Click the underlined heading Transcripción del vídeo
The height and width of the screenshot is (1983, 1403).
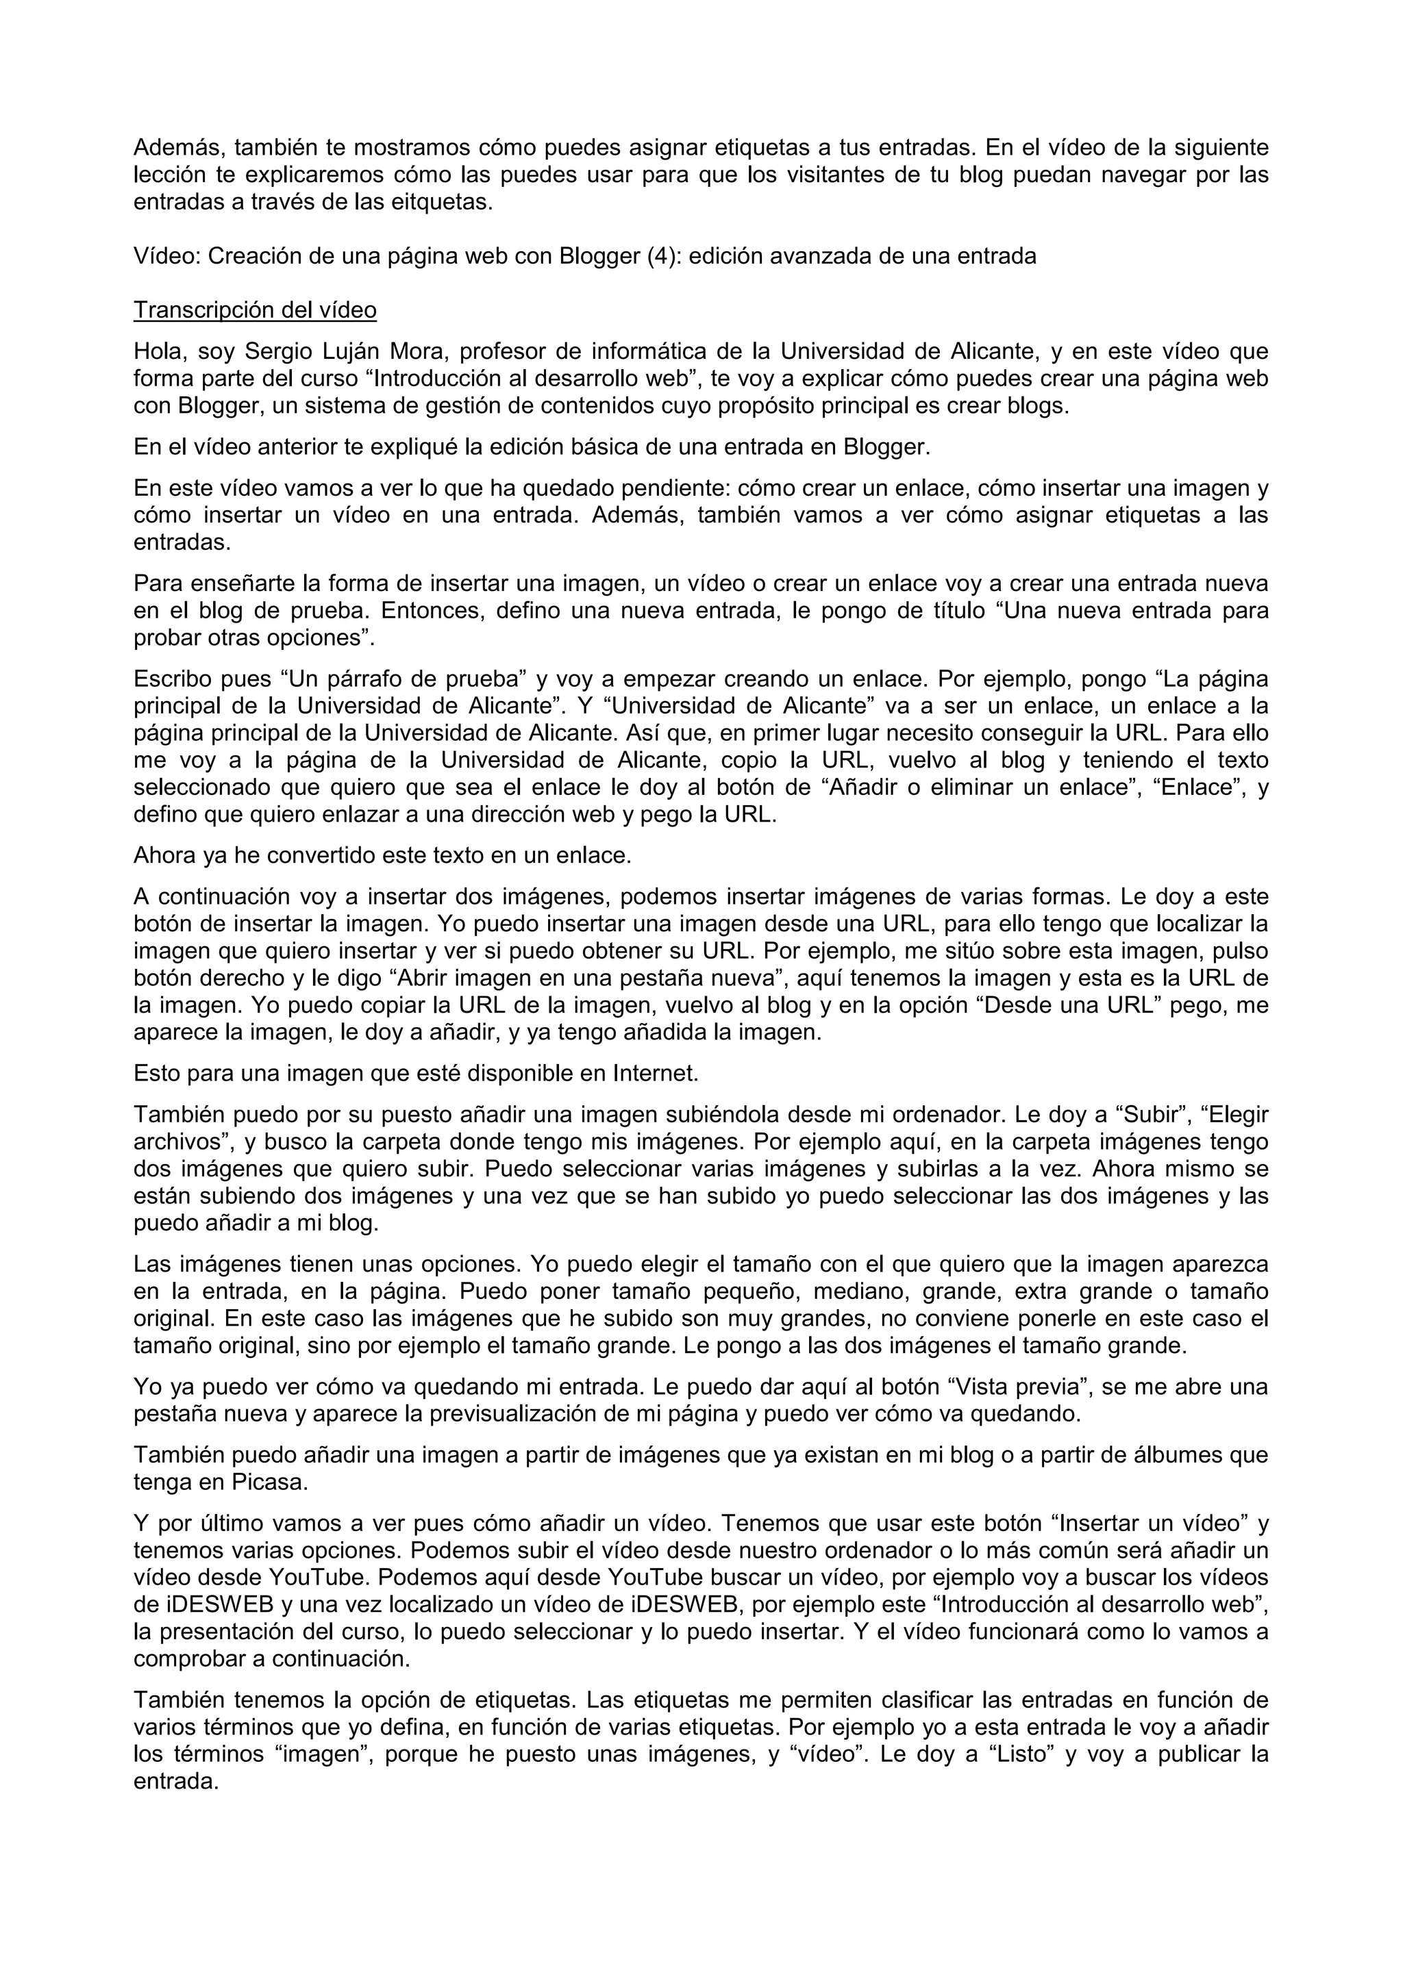255,310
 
